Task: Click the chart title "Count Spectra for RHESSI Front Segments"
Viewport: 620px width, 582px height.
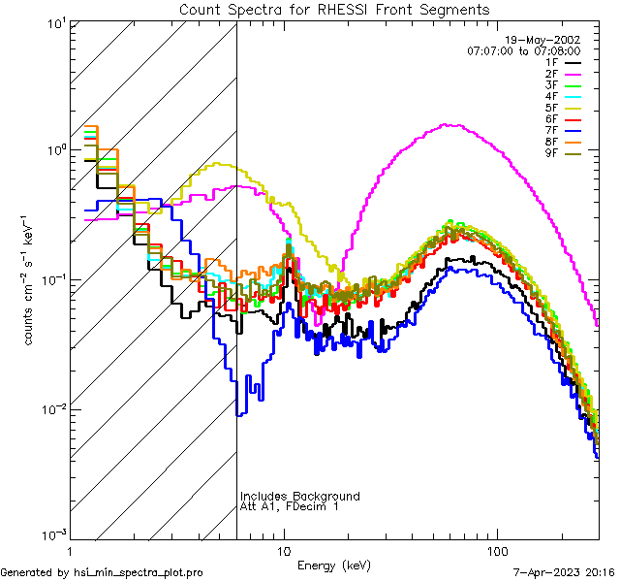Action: pos(334,10)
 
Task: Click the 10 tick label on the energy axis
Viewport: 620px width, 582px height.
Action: pos(283,548)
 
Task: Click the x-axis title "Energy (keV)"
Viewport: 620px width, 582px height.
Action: pos(334,564)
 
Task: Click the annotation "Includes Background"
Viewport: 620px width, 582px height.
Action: pos(300,496)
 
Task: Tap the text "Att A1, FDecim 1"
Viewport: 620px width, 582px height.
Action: pos(290,506)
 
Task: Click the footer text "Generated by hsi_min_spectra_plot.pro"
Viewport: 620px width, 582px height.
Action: pos(102,573)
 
